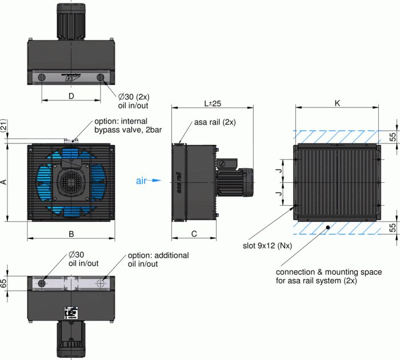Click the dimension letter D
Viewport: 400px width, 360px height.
tap(71, 96)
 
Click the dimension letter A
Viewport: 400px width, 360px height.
tap(3, 182)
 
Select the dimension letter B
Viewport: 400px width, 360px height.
tap(71, 234)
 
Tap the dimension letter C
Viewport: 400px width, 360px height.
tap(194, 233)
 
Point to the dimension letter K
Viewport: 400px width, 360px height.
tap(337, 103)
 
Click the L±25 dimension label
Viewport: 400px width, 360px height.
tap(213, 103)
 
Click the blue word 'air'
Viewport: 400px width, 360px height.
tap(142, 181)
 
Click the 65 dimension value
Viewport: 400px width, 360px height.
tap(3, 283)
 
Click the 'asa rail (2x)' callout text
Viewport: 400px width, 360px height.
tap(214, 122)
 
